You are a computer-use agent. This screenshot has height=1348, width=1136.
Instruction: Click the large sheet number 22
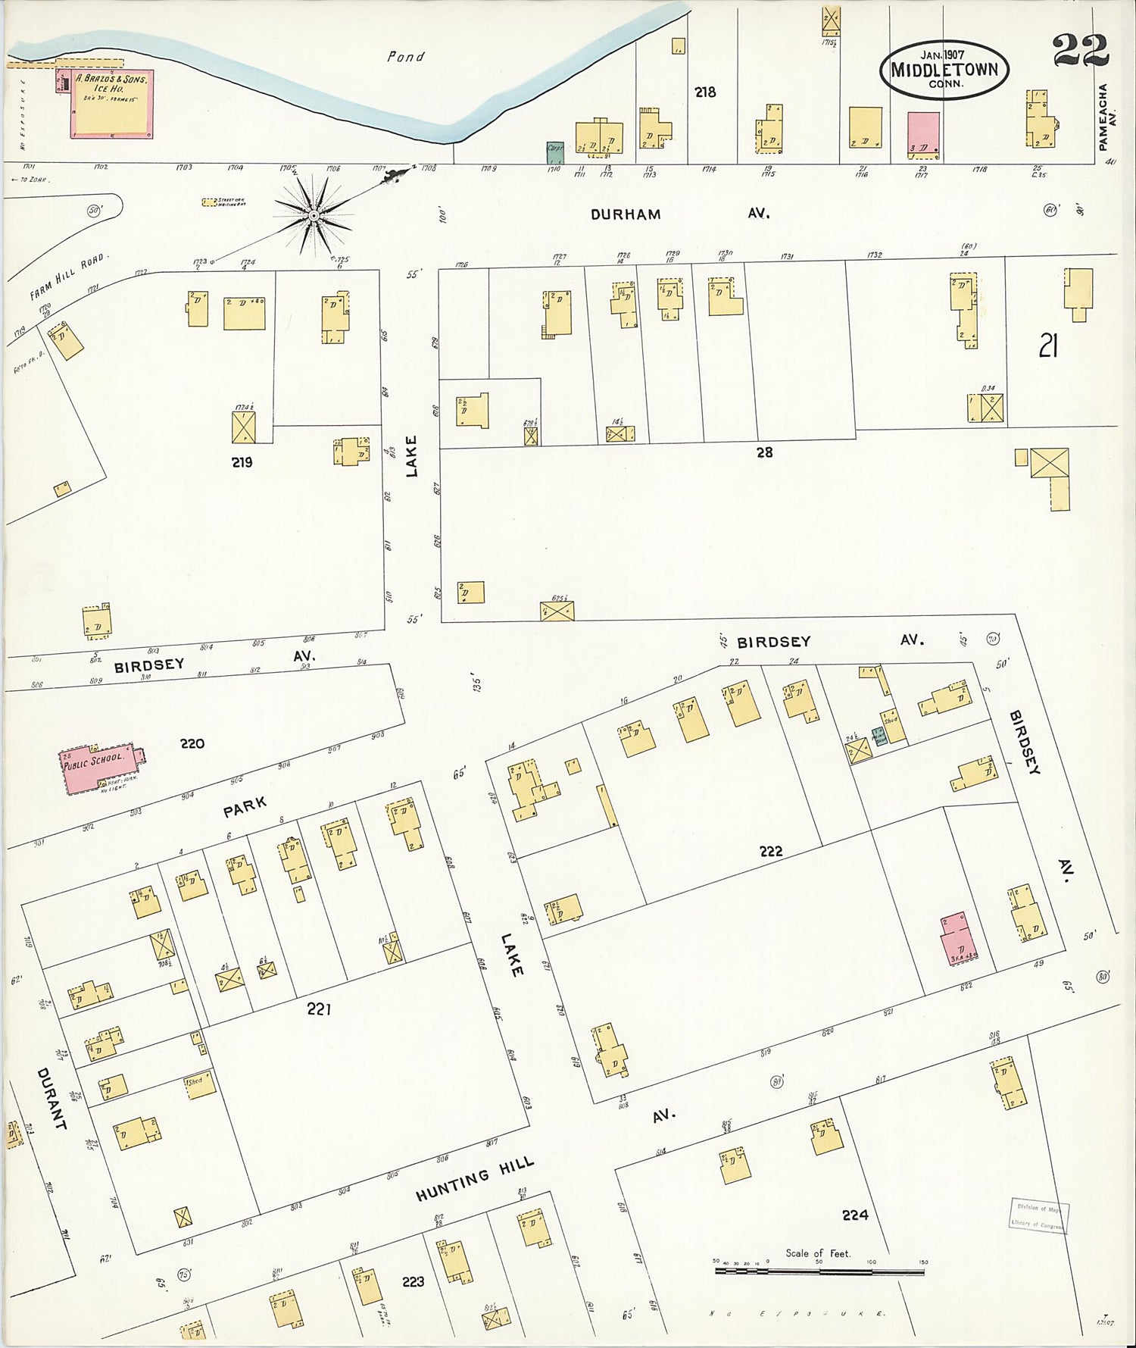tap(1080, 51)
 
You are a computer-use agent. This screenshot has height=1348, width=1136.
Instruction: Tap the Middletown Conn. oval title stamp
tap(944, 69)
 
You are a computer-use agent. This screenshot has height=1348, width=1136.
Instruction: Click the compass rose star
tap(313, 217)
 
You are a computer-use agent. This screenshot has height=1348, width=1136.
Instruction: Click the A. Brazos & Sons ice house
tap(112, 104)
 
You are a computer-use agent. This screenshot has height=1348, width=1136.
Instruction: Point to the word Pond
tap(406, 57)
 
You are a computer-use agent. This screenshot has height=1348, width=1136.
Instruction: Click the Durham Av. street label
tap(626, 214)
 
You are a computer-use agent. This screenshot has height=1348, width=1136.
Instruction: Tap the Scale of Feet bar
tap(819, 1271)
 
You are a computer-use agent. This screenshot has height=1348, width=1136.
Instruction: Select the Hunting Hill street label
tap(475, 1179)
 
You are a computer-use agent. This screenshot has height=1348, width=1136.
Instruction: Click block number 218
tap(705, 92)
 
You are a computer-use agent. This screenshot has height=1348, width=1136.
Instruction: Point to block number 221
tap(319, 1009)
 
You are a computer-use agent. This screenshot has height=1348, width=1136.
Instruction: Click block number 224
tap(854, 1215)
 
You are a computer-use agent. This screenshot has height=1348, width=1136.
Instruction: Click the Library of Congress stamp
tap(1038, 1215)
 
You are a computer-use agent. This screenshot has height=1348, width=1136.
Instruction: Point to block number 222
tap(770, 851)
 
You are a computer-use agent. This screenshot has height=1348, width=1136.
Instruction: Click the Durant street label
tap(51, 1099)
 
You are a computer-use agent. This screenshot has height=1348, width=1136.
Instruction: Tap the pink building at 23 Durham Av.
tap(923, 136)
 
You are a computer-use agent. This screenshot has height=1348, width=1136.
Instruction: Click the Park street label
tap(245, 807)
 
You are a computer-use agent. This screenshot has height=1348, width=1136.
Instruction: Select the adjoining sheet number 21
tap(1047, 346)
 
